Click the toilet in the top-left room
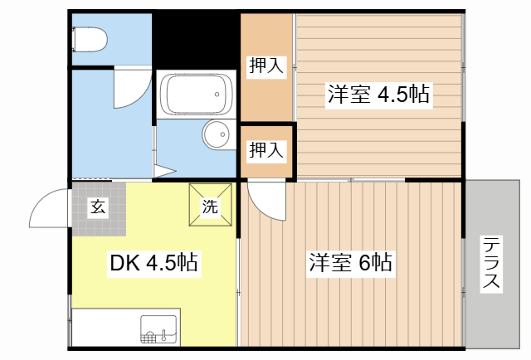[89, 38]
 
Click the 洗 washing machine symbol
[210, 205]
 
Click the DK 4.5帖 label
[153, 264]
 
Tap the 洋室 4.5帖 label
[378, 94]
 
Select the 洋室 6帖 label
[351, 264]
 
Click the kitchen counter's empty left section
[104, 328]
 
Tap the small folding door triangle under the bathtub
[163, 173]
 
